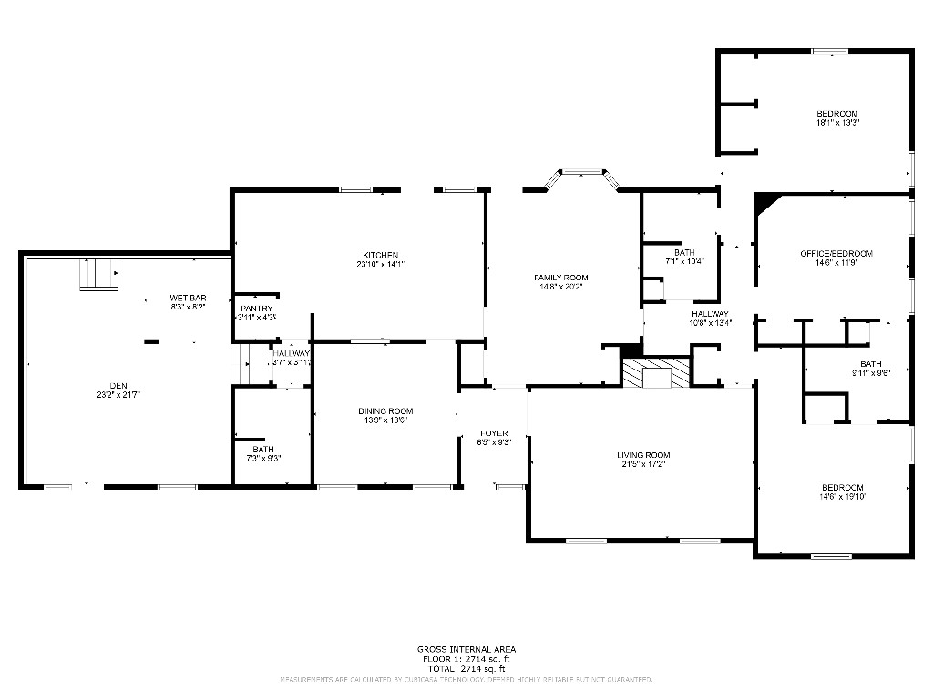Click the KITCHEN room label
(x=380, y=255)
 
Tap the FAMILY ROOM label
(x=560, y=278)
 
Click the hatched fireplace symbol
(x=657, y=373)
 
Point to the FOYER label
(x=493, y=433)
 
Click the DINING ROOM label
(x=385, y=411)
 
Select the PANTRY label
(x=257, y=309)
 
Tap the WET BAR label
(x=188, y=298)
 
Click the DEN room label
(x=118, y=385)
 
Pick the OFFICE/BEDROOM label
(x=836, y=253)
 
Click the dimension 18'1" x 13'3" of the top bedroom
(x=837, y=122)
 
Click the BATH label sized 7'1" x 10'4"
(x=684, y=253)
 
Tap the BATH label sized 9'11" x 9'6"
(x=870, y=363)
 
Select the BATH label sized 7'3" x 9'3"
(x=262, y=450)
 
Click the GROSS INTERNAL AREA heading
(x=466, y=649)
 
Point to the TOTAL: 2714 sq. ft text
(x=466, y=668)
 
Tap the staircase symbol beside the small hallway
(x=242, y=364)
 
